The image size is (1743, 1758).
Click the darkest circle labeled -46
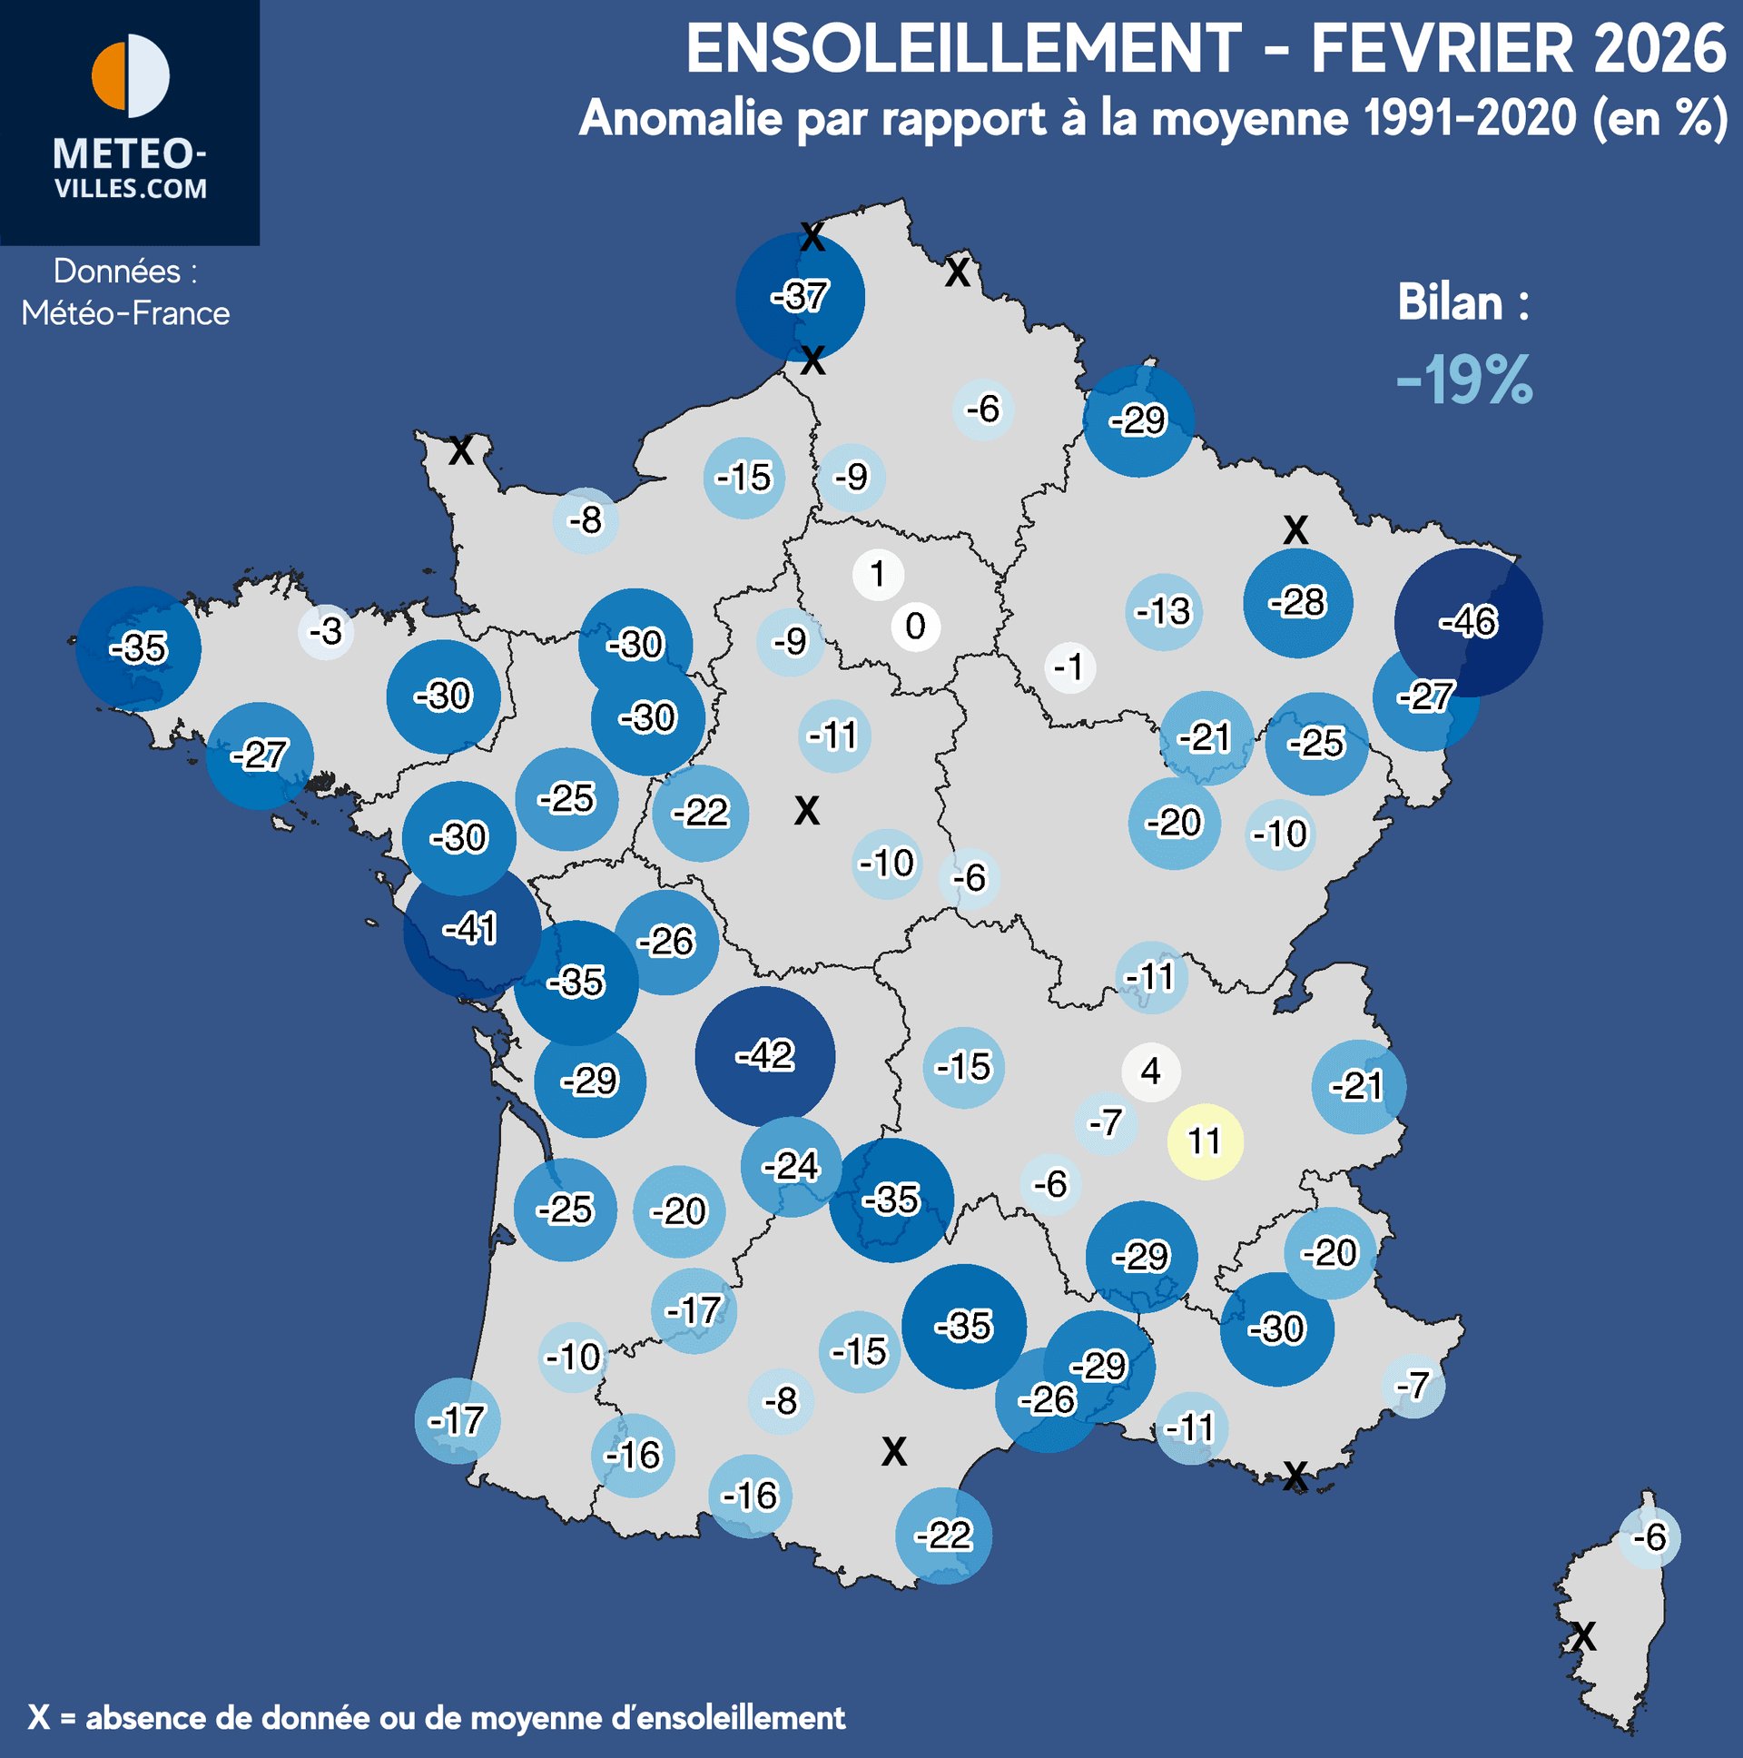click(1468, 622)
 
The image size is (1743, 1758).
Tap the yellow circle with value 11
click(1205, 1141)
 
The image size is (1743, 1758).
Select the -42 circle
click(764, 1055)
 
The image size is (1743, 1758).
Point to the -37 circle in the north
click(800, 297)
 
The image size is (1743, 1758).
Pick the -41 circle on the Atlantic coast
click(471, 929)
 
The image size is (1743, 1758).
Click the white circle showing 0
click(915, 626)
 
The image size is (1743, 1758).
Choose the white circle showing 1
click(878, 574)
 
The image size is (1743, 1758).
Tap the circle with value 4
click(1151, 1071)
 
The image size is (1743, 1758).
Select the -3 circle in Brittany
click(326, 630)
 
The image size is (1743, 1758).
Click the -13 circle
click(1164, 611)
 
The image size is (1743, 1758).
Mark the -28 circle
click(1297, 602)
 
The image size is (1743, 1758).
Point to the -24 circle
click(791, 1166)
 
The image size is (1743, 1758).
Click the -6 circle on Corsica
click(1649, 1537)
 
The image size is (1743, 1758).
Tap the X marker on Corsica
click(1583, 1637)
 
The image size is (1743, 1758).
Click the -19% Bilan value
click(1464, 380)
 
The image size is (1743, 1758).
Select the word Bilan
click(1450, 302)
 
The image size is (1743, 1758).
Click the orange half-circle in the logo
click(108, 75)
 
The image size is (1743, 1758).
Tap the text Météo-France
click(125, 313)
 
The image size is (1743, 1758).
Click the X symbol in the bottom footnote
click(38, 1717)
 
